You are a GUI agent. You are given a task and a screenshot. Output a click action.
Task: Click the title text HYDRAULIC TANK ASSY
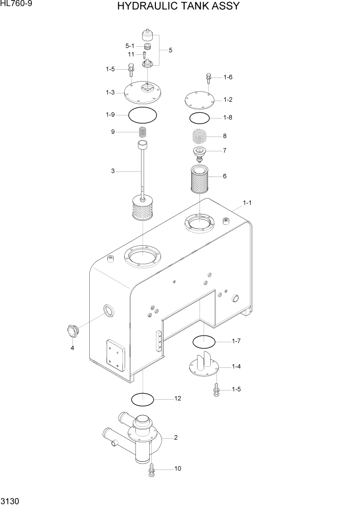178,7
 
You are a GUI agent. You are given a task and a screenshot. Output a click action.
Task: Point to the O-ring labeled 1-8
199,118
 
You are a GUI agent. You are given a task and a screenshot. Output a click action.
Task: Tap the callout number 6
225,176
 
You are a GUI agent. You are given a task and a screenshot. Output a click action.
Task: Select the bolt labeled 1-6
209,77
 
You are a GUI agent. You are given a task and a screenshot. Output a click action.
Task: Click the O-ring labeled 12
143,399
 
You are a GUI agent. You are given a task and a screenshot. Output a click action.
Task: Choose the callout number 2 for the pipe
175,438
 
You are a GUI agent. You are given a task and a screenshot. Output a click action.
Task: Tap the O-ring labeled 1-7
204,341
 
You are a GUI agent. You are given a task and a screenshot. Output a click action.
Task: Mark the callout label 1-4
236,366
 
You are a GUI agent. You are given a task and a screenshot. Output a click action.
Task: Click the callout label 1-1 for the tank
247,203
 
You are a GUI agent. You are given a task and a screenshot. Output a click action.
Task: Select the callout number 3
113,171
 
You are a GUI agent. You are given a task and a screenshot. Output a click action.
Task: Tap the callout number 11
131,54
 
